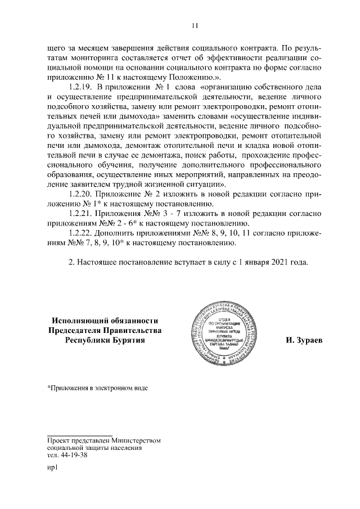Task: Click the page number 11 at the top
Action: point(195,25)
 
